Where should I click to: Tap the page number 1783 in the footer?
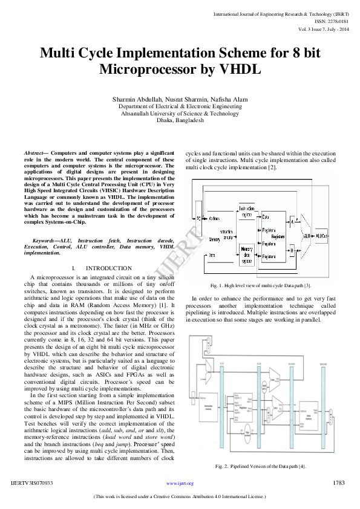pyautogui.click(x=339, y=483)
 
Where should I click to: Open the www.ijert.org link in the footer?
pyautogui.click(x=180, y=484)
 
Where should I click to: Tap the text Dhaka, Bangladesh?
pyautogui.click(x=180, y=120)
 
